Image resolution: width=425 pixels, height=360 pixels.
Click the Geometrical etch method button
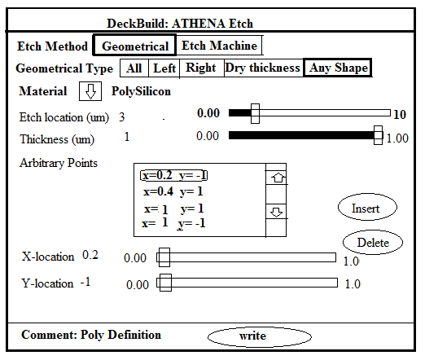[x=134, y=46]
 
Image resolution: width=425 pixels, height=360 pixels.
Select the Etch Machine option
[x=219, y=46]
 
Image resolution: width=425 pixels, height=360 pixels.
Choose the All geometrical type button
[x=134, y=68]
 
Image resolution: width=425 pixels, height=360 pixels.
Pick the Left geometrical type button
[x=164, y=68]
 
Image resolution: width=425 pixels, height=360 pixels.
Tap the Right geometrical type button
[x=201, y=68]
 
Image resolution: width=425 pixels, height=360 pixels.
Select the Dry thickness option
[x=263, y=68]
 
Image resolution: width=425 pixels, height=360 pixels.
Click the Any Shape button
[x=337, y=68]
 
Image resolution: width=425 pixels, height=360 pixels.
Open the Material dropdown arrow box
[x=90, y=91]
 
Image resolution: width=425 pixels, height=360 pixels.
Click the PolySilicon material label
[x=141, y=91]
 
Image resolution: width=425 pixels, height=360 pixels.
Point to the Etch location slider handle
[x=255, y=113]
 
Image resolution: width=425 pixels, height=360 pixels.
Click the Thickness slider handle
[x=378, y=135]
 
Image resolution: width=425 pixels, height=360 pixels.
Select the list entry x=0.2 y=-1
[x=174, y=175]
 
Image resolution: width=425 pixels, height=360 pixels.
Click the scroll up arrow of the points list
[x=278, y=178]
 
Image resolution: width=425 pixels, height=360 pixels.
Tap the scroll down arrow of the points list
[x=277, y=212]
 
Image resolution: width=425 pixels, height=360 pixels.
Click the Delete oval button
[x=373, y=242]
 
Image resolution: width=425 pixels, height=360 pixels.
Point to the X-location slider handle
[x=164, y=257]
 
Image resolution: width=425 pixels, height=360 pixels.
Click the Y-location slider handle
[x=165, y=283]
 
